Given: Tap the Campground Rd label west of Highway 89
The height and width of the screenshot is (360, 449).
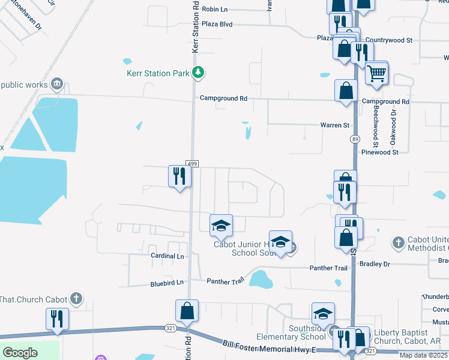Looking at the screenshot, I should pos(224,98).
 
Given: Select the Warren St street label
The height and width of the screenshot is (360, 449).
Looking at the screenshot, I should pos(334,125).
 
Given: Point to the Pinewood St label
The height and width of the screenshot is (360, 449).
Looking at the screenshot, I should pos(379,152).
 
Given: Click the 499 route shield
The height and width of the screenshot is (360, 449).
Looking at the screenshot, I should pos(191,164).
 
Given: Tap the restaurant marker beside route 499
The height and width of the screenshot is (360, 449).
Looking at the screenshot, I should pos(179,176).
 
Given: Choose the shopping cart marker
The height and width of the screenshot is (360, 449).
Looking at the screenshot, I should pos(376,73).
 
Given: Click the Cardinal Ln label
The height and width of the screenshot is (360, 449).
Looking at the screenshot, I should pos(167,256).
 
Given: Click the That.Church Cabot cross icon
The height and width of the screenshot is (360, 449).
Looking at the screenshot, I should pos(76,298).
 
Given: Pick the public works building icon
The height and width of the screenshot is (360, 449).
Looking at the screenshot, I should pos(58,83).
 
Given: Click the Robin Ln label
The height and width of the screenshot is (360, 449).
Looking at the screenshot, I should pos(215,9).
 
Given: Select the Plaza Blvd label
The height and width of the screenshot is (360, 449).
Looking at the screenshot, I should pos(217,25).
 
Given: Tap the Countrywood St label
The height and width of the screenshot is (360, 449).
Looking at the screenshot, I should pos(388,40).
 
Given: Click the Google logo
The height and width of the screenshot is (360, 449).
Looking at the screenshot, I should pos(20,353).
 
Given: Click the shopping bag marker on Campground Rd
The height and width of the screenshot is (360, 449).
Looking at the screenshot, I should pos(346,92).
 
